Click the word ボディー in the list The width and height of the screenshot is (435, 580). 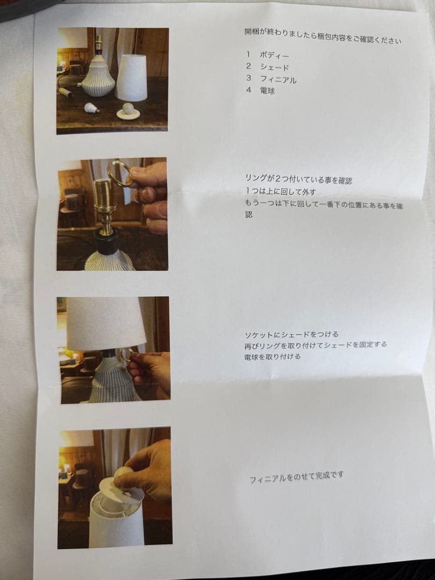coord(274,55)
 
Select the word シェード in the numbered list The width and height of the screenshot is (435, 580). coord(274,68)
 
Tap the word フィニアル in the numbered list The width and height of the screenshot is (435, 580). coord(278,79)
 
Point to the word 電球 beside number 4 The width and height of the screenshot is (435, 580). coord(267,91)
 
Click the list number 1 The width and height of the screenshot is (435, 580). coord(248,55)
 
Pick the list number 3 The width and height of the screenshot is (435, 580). coord(249,79)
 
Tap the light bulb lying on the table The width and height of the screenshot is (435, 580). coord(92,107)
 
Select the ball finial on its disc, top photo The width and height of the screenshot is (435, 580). coord(128,110)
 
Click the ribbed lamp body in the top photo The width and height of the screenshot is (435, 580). coord(98,78)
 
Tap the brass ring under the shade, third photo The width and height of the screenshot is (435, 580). coord(127,354)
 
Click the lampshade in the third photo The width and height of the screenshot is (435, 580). coord(105,322)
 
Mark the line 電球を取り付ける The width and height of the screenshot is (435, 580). coord(272,356)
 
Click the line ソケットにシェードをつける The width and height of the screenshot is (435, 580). coord(291,334)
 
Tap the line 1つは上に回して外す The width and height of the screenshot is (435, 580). coord(280,191)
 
